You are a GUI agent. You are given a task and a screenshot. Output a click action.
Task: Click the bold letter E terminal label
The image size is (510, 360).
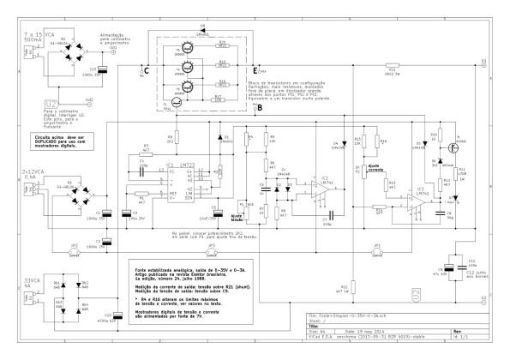[255, 69]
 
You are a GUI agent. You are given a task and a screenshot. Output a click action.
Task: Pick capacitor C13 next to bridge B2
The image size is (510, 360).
[104, 73]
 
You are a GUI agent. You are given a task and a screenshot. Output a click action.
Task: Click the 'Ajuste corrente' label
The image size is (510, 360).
[374, 168]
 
